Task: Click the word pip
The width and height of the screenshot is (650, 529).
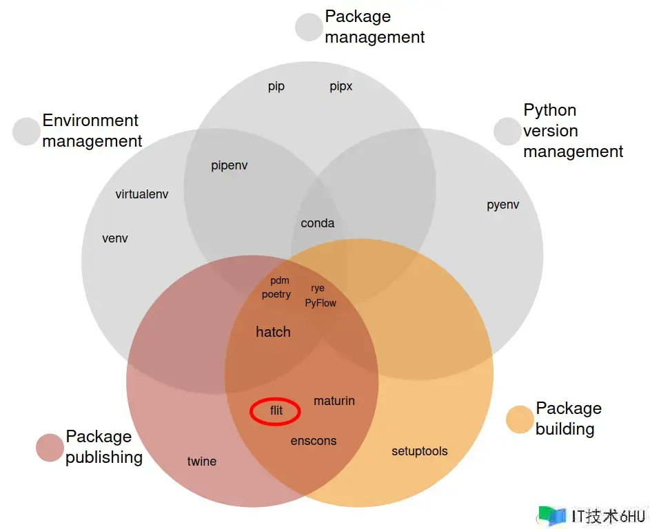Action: pos(276,87)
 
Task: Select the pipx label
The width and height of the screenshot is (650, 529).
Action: pos(341,87)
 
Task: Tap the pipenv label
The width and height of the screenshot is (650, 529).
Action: pos(230,166)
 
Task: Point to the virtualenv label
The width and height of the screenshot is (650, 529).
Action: pos(142,194)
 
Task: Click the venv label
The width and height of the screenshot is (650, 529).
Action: pos(115,239)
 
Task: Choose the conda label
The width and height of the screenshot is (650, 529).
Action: pos(318,223)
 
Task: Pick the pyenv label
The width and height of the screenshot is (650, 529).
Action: pos(503,205)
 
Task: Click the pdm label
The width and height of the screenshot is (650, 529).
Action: pos(280,281)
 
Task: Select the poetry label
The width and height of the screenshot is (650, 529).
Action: pos(276,295)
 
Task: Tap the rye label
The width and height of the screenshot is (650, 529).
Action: pos(318,289)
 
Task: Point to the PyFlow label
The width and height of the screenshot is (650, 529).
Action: pos(321,302)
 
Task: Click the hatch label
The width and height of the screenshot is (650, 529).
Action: pos(273,332)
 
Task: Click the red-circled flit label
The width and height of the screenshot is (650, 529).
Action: pos(276,411)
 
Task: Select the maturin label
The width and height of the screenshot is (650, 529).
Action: pos(334,401)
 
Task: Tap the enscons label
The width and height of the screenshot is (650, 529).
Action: pos(314,441)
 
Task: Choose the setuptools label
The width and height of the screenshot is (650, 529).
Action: pos(420,451)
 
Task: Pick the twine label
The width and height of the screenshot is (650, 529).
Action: pos(202,461)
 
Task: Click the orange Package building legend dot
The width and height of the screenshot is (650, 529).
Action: pos(520,419)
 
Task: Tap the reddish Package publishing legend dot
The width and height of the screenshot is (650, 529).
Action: pos(50,448)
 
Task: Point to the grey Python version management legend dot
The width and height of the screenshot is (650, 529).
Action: pos(507,132)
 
